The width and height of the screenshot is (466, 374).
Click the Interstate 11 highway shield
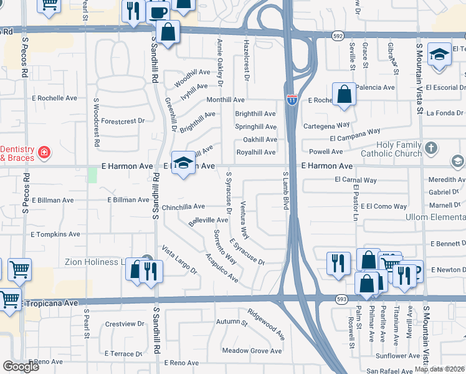(292, 98)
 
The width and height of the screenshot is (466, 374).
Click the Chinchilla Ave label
(183, 206)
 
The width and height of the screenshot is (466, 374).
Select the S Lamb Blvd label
(286, 191)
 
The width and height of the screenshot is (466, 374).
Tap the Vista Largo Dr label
(179, 261)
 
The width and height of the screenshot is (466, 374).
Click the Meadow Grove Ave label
(252, 351)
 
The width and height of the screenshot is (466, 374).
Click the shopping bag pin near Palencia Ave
(344, 95)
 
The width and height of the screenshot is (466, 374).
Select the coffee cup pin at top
(159, 11)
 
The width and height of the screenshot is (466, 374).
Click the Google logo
(21, 367)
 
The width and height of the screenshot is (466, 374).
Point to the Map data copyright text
(439, 369)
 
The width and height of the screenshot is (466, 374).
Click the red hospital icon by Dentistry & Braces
(44, 152)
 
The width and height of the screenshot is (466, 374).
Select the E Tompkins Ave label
(55, 234)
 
